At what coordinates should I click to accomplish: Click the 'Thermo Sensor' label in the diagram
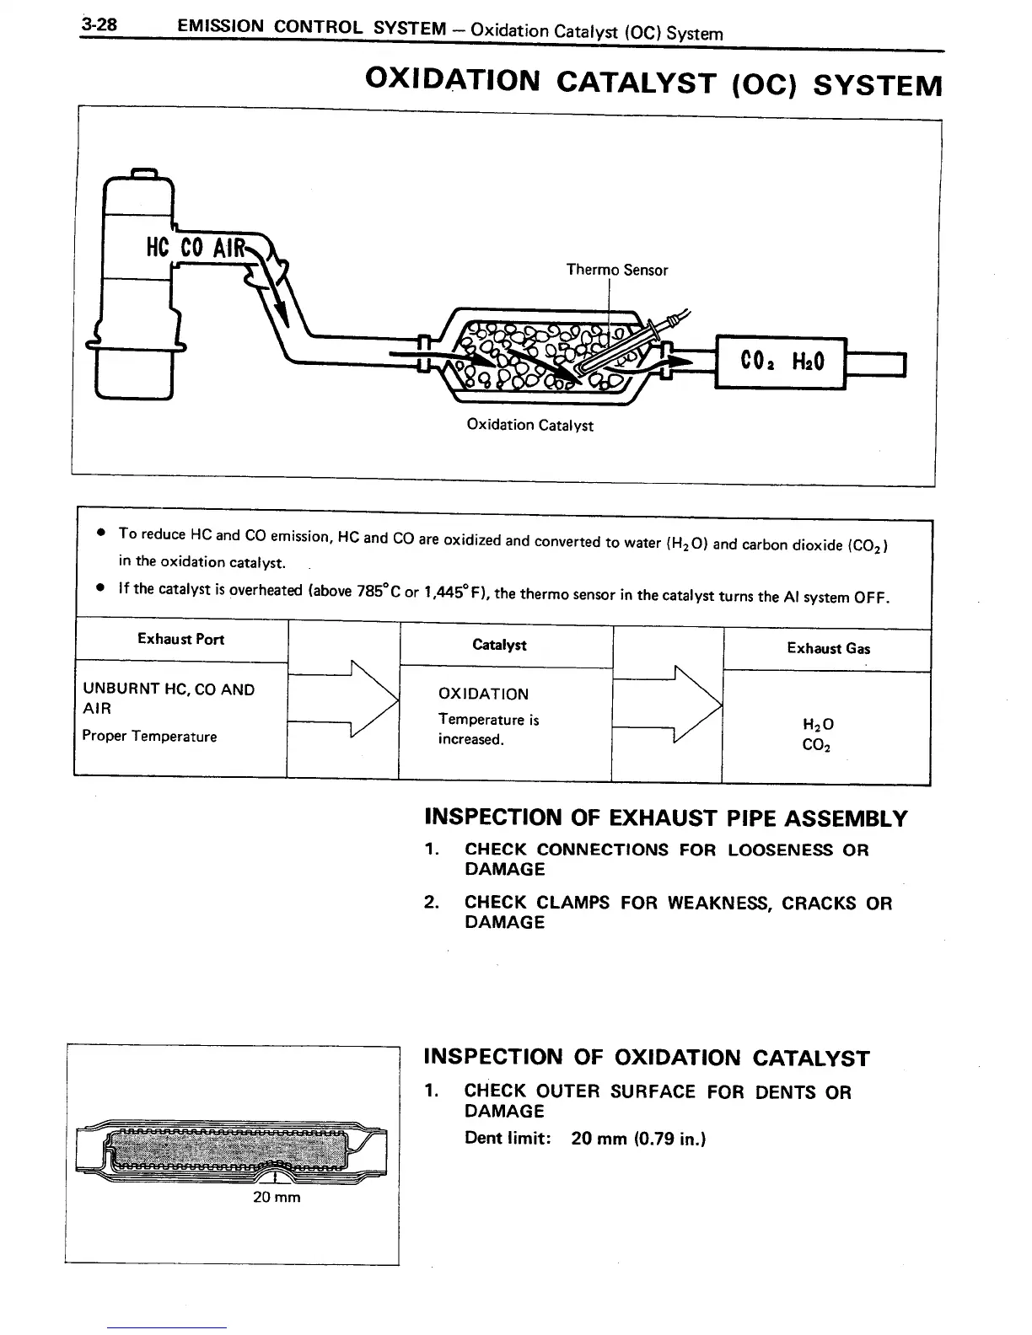pyautogui.click(x=616, y=270)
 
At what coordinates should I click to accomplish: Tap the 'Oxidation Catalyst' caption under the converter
pyautogui.click(x=529, y=425)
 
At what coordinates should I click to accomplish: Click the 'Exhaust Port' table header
pyautogui.click(x=180, y=639)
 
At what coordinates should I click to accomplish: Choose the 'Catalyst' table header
pyautogui.click(x=499, y=645)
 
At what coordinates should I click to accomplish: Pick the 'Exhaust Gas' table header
pyautogui.click(x=828, y=648)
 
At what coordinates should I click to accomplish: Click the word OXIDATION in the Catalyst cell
pyautogui.click(x=483, y=694)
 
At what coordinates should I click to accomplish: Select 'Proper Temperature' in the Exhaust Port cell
pyautogui.click(x=149, y=736)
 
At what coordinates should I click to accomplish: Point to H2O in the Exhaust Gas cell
pyautogui.click(x=818, y=725)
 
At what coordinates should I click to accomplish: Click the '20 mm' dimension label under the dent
pyautogui.click(x=277, y=1197)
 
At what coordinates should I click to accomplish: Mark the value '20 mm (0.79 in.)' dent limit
pyautogui.click(x=638, y=1139)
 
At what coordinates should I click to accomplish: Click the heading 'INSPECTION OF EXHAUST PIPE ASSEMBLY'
pyautogui.click(x=665, y=818)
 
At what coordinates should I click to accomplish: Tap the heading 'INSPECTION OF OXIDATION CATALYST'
pyautogui.click(x=646, y=1058)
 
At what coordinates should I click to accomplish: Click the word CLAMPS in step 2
pyautogui.click(x=573, y=903)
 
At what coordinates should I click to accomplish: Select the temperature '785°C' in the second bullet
pyautogui.click(x=368, y=591)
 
